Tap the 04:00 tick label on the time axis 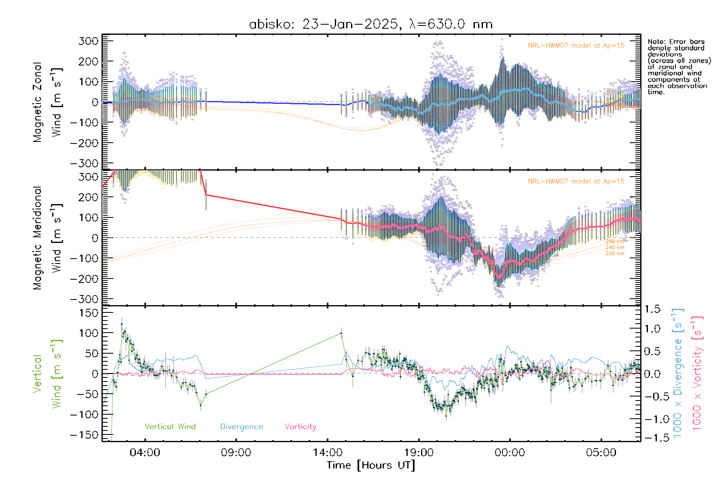145,452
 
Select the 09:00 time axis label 236,452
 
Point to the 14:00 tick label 328,452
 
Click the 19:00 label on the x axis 419,452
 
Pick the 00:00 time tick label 510,452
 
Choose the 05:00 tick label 601,452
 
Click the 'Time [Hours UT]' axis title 371,465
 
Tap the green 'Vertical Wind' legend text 170,426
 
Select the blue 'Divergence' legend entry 241,427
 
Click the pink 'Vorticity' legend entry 300,427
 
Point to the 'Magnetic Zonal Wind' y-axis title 48,102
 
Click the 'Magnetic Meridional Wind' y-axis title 48,238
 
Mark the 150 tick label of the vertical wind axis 89,313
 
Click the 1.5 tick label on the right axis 652,309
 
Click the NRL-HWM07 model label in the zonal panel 576,46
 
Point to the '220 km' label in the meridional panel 615,253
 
